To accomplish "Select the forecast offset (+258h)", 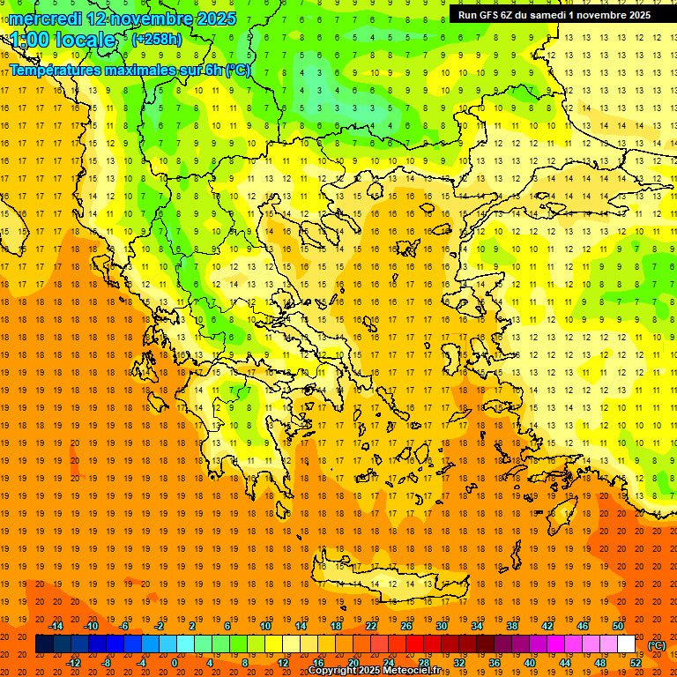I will (156, 39).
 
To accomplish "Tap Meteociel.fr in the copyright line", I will (416, 671).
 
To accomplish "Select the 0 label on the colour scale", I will (174, 663).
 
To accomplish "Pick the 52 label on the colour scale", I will (636, 663).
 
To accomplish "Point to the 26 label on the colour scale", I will (406, 626).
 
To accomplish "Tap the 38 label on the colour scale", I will (512, 626).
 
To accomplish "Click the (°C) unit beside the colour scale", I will (657, 645).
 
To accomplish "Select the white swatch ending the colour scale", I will (626, 644).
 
